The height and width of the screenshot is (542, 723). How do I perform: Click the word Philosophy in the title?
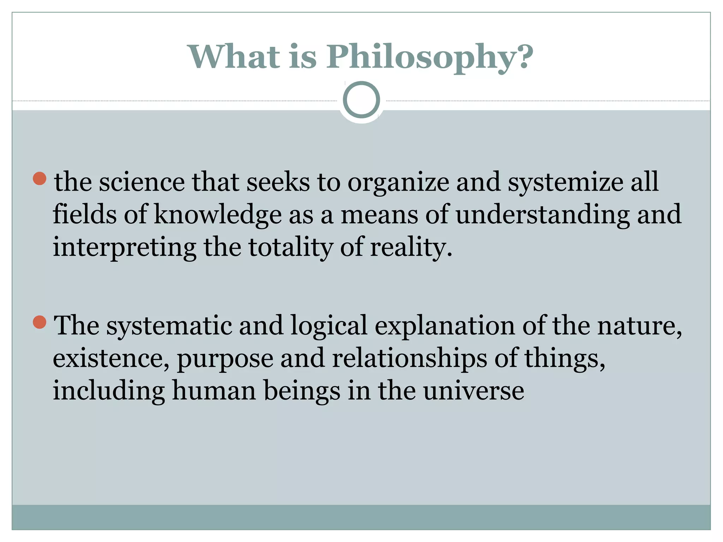[429, 58]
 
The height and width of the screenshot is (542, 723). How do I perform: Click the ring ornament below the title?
[361, 100]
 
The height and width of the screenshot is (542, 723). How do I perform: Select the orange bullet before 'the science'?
[40, 179]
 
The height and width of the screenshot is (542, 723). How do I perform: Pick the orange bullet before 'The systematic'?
[40, 322]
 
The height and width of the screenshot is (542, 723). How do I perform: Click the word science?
[141, 182]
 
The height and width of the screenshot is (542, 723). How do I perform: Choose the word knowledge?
[218, 215]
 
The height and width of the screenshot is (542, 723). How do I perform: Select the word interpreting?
[124, 248]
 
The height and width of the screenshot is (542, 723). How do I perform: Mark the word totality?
[291, 248]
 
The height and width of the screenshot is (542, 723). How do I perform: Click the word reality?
[411, 248]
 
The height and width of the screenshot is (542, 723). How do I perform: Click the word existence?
[111, 359]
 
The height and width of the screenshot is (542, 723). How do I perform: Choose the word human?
[214, 391]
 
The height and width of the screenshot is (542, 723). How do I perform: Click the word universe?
[473, 391]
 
